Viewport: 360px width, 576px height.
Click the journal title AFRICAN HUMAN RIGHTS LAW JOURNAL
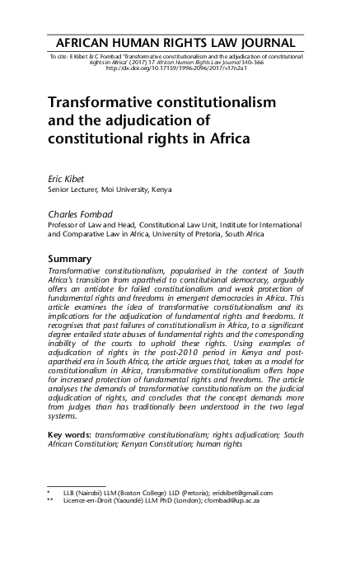tap(180, 43)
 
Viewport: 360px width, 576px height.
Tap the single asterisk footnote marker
tap(49, 492)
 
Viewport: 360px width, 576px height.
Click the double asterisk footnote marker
tap(51, 500)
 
